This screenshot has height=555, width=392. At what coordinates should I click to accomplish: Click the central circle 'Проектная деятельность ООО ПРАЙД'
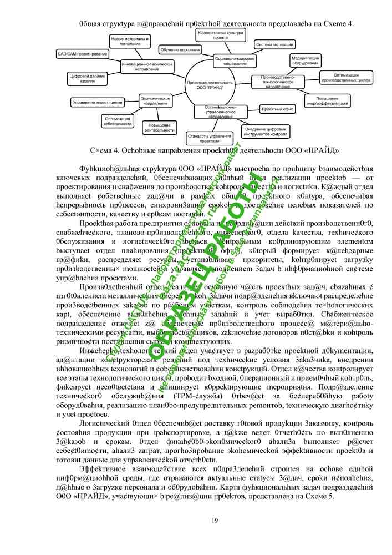(210, 85)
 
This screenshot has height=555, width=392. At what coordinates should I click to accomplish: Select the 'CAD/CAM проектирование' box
(83, 54)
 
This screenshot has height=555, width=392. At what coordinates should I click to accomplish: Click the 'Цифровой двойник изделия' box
(87, 78)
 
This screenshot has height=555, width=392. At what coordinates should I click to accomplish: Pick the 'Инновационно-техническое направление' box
(144, 66)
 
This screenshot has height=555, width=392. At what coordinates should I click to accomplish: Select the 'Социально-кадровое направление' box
(235, 60)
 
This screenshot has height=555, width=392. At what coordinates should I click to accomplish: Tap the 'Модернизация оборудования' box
(306, 59)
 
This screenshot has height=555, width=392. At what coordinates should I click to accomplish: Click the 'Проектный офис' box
(277, 109)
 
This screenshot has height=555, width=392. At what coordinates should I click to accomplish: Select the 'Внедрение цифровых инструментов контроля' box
(267, 132)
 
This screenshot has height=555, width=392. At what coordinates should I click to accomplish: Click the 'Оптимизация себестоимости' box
(118, 120)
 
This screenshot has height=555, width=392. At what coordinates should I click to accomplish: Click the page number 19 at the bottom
(215, 519)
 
